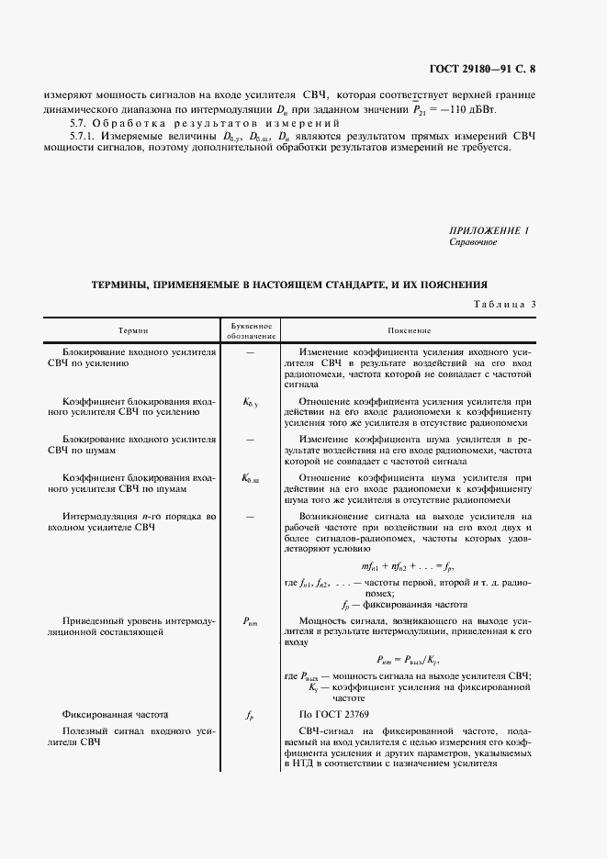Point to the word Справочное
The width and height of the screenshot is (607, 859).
click(x=473, y=242)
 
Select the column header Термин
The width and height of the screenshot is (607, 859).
click(x=132, y=330)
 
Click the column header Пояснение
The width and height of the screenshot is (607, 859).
click(x=410, y=330)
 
